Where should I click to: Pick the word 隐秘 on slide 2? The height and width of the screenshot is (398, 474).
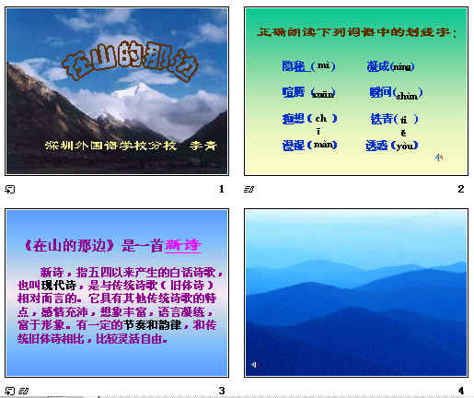coord(295,66)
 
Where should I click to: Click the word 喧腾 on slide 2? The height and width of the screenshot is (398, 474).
coord(295,92)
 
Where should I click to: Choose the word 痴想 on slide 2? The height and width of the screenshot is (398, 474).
coord(295,119)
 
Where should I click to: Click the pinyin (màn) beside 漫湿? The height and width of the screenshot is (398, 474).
coord(325,146)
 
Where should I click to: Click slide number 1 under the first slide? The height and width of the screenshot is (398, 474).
coord(222,189)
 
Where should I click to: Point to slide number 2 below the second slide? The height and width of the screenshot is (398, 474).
coord(460,189)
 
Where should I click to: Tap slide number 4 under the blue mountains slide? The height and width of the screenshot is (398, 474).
coord(460,391)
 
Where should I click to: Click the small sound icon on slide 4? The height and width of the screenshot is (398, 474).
coord(254,366)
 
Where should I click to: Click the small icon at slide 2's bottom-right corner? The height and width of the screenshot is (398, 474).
coord(439,158)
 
